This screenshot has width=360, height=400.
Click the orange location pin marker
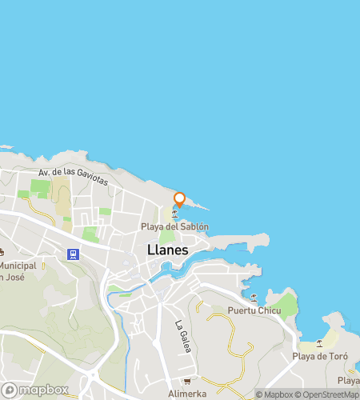coord(179,199)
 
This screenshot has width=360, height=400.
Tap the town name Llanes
coord(168,250)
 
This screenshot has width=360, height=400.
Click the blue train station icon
coord(74,254)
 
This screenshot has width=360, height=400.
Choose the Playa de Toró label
coord(318,356)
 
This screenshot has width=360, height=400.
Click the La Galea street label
coord(181,336)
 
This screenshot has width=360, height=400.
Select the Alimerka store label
coord(190,394)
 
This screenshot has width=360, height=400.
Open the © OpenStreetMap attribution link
coord(328,394)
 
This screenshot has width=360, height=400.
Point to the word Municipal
coord(18,266)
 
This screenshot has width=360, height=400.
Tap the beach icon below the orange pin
coord(175,213)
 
